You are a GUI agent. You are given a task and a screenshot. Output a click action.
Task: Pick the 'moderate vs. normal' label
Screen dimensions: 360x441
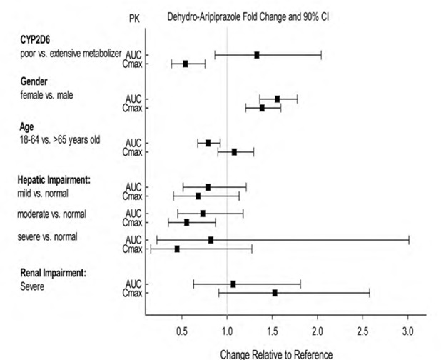coord(52,214)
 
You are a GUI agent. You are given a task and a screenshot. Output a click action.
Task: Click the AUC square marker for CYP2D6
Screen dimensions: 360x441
coord(257,55)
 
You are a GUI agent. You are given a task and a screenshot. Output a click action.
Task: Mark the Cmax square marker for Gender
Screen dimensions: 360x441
coord(262,108)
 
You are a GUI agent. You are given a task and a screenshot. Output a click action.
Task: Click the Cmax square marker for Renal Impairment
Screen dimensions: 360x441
coord(275,293)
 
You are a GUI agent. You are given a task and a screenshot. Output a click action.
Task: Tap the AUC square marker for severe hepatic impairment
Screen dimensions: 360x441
coord(211,240)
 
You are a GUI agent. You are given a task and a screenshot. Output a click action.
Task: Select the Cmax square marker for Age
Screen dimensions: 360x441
coord(234,152)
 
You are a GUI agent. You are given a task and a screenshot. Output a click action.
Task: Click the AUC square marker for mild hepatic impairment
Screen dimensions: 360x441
coord(208,187)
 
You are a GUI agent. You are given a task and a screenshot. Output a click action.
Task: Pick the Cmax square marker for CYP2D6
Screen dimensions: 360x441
coord(186,64)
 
